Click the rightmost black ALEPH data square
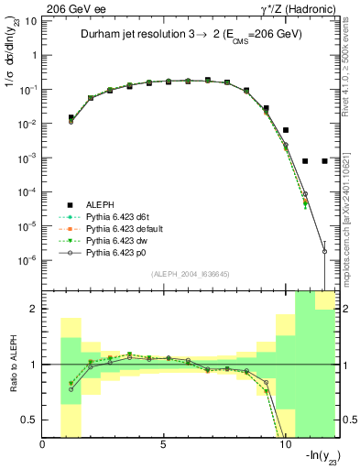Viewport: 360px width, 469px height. click(324, 161)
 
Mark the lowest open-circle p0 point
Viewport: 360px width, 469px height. click(324, 251)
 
